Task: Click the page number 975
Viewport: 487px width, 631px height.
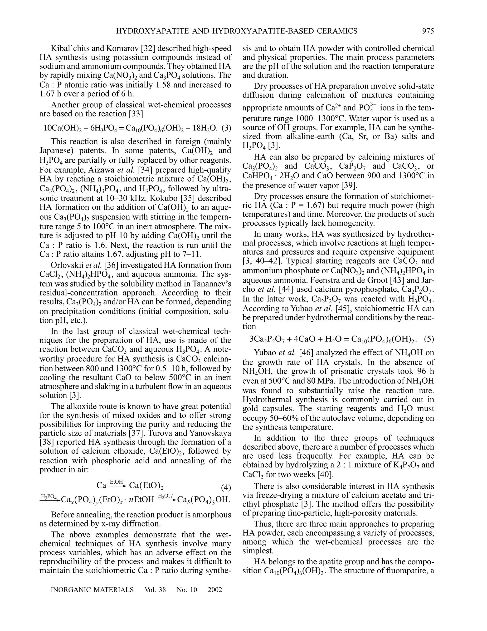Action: point(428,31)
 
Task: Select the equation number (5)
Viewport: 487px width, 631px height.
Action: point(429,339)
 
